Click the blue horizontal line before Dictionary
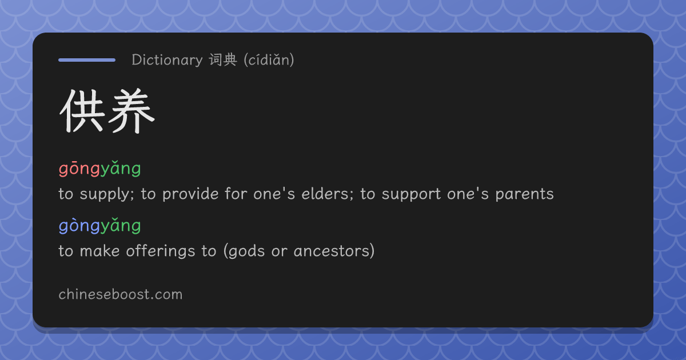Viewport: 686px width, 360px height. (87, 60)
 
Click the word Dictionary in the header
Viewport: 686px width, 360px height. (167, 60)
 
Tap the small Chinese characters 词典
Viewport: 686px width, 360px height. (223, 59)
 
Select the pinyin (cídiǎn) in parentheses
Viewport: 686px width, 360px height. (269, 60)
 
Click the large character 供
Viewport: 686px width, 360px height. (83, 110)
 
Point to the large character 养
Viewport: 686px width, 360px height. (131, 110)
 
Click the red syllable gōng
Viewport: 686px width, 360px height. (79, 169)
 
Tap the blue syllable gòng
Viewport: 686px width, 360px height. (79, 226)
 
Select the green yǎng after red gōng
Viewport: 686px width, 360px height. (121, 169)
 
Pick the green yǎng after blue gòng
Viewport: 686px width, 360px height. (121, 226)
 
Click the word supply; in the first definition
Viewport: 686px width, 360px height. (107, 195)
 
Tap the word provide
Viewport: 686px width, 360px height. (190, 195)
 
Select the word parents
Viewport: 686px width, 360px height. (525, 195)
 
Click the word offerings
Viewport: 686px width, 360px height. (161, 251)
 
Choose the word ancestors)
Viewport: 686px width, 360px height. (334, 251)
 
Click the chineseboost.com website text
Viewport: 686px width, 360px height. (121, 294)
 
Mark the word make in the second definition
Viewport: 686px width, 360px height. (99, 251)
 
